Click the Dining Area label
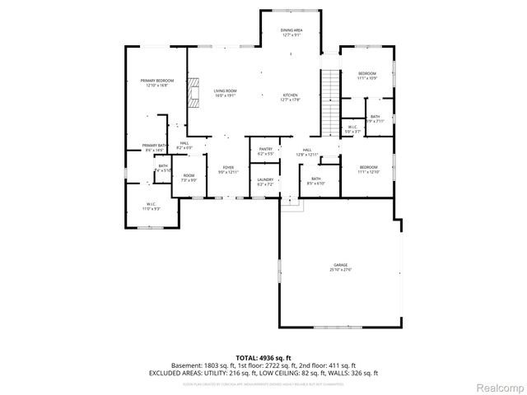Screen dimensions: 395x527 tap(291, 31)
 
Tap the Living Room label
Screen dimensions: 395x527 tap(225, 93)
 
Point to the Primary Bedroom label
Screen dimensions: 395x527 tap(156, 82)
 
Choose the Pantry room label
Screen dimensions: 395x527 tap(265, 151)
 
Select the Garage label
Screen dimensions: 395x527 tap(340, 267)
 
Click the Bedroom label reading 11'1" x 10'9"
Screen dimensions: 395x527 tap(367, 76)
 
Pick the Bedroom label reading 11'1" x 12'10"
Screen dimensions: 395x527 tap(367, 170)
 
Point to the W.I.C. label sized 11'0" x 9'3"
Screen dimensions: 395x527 tap(152, 207)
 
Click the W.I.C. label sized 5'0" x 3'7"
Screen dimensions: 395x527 tap(352, 128)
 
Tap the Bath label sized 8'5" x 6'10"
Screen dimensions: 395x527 tap(315, 181)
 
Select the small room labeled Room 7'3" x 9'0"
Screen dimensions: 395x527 tap(189, 178)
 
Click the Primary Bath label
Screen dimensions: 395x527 tap(155, 147)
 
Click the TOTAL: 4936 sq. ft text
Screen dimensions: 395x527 tap(263, 357)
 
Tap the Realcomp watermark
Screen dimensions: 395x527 tap(499, 387)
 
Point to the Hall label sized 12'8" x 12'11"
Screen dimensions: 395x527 tap(306, 151)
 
